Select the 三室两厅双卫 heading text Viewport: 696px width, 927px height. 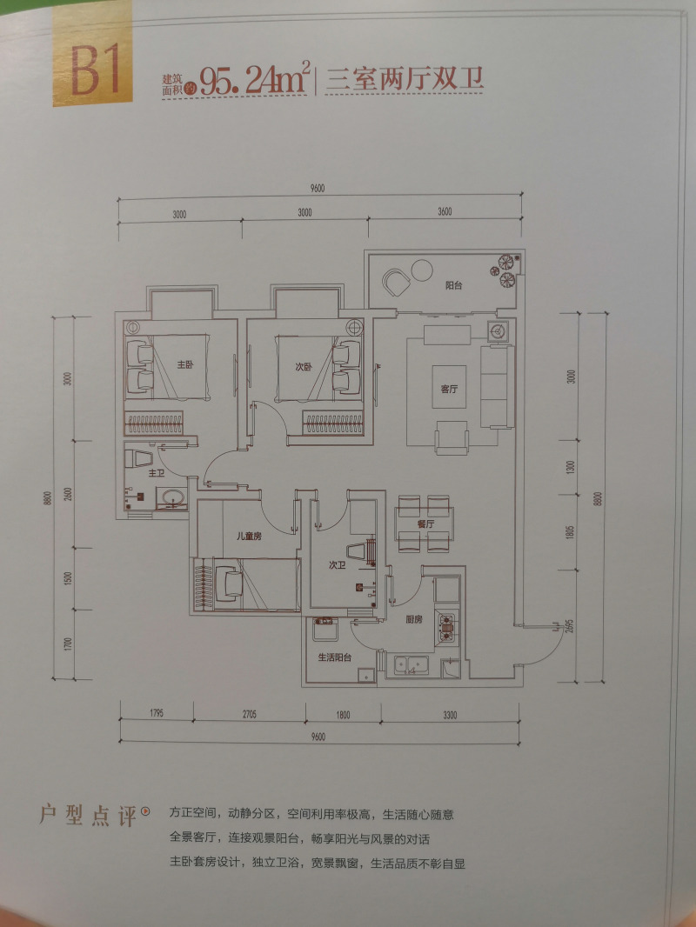tap(404, 81)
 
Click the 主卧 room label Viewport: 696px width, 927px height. tap(184, 364)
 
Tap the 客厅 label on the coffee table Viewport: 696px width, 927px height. tap(449, 389)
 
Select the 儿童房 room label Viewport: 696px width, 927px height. tap(250, 537)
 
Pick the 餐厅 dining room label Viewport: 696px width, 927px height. tap(425, 524)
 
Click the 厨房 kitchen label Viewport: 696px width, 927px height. tap(414, 620)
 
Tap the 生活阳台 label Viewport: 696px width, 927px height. tap(334, 658)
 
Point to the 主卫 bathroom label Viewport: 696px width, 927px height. tap(156, 474)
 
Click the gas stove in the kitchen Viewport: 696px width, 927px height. tap(448, 625)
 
